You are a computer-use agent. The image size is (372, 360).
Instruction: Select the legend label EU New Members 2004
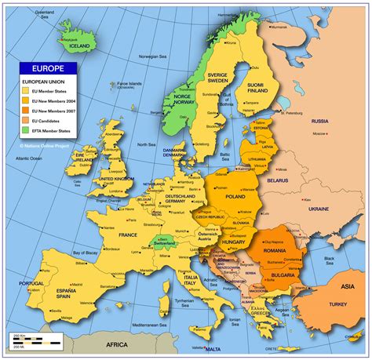53,100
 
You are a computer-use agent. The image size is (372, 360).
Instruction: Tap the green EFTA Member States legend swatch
26,131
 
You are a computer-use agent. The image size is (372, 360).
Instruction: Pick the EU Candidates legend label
48,121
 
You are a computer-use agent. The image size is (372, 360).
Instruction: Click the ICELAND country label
78,45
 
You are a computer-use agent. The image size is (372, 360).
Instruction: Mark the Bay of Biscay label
89,253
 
